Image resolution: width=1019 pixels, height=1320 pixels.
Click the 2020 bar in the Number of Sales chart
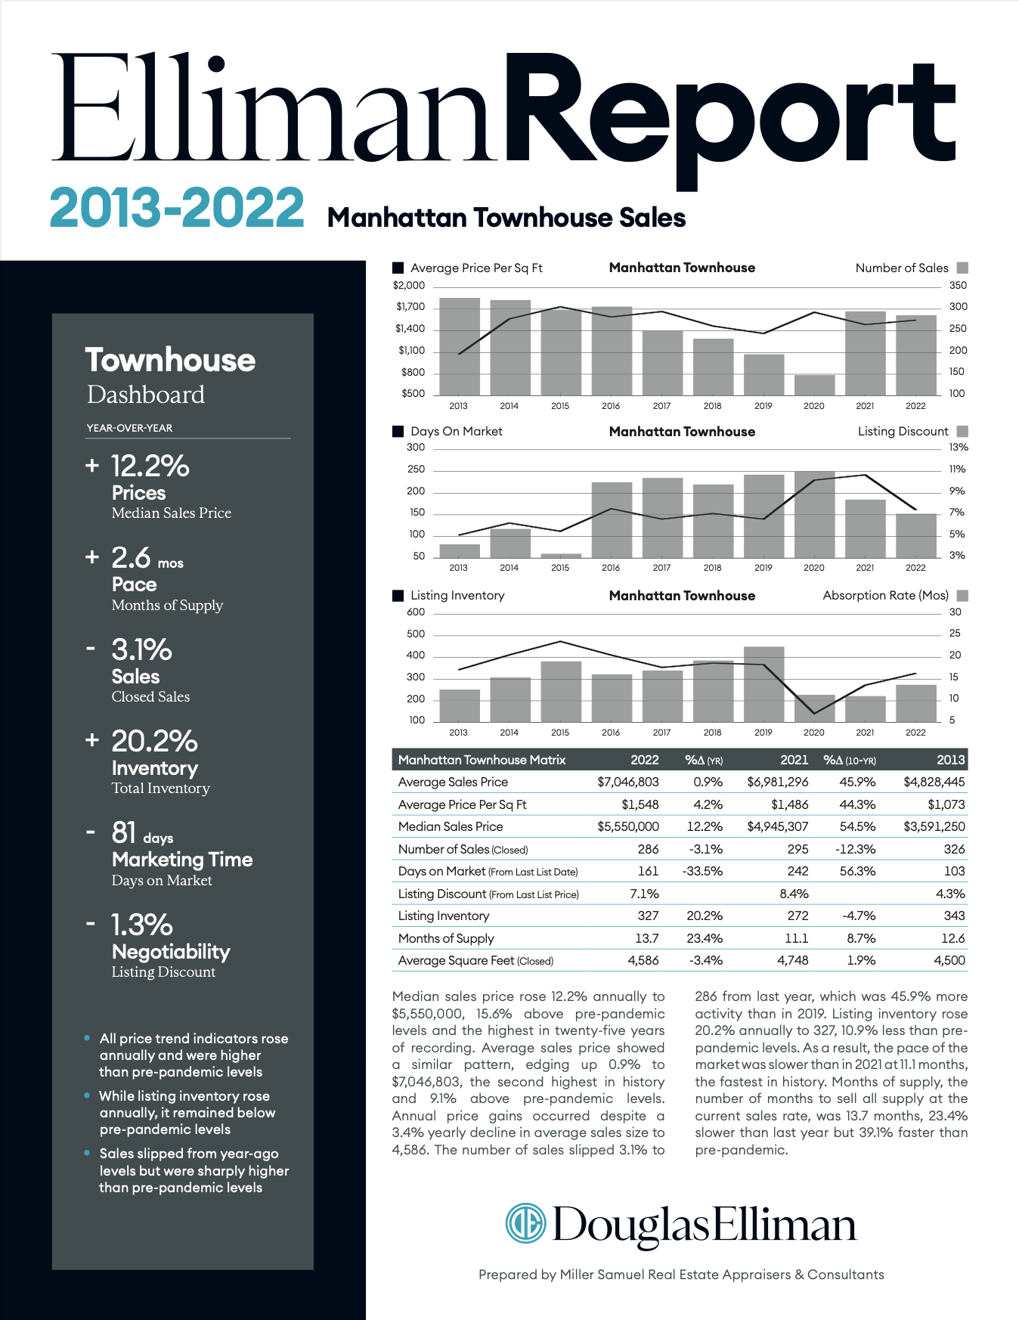(814, 385)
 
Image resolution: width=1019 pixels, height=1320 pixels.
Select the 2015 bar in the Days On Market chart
(561, 556)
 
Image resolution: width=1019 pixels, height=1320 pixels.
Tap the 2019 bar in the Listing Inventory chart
(763, 684)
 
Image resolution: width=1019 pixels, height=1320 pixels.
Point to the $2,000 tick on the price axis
(409, 286)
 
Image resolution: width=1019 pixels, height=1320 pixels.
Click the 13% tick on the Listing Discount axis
(959, 448)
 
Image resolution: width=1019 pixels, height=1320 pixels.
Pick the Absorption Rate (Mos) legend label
(885, 596)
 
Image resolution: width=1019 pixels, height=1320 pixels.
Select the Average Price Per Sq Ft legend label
(476, 268)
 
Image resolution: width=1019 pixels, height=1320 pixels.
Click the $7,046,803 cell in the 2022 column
(628, 782)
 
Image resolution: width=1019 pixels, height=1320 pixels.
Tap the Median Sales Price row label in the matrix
(451, 826)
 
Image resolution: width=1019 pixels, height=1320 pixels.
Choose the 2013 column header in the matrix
(951, 760)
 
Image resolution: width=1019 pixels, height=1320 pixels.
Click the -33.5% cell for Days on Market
(702, 871)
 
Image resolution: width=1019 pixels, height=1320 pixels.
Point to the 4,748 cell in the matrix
(793, 960)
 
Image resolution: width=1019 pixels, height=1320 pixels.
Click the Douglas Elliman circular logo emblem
(525, 1223)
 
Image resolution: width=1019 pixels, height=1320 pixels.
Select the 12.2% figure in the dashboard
(150, 466)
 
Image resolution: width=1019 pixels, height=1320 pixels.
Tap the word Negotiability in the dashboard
(171, 952)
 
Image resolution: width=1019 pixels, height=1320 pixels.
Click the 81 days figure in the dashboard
(142, 833)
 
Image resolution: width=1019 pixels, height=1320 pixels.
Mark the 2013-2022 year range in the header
(177, 208)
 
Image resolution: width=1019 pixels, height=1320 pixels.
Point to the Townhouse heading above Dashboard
(170, 361)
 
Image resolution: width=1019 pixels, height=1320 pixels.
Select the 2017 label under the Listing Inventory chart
(661, 733)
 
